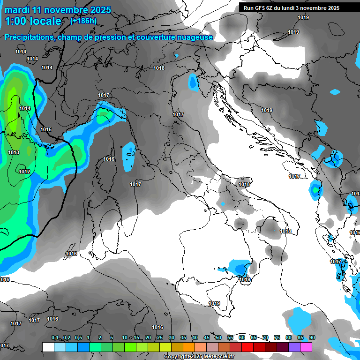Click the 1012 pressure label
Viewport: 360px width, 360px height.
24,172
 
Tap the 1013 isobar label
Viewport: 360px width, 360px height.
14,153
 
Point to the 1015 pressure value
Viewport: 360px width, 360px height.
46,129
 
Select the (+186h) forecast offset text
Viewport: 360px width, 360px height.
83,21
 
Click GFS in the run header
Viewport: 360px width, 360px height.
260,7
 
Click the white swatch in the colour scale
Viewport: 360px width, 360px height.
48,347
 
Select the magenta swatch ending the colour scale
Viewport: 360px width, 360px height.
306,347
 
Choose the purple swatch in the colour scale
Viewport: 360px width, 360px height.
294,347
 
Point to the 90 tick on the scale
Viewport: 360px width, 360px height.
312,337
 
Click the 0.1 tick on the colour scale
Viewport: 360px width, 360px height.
54,337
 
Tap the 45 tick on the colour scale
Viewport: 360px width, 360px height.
207,337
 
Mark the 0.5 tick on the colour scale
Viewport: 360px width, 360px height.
78,337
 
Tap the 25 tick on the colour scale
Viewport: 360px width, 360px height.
160,337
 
